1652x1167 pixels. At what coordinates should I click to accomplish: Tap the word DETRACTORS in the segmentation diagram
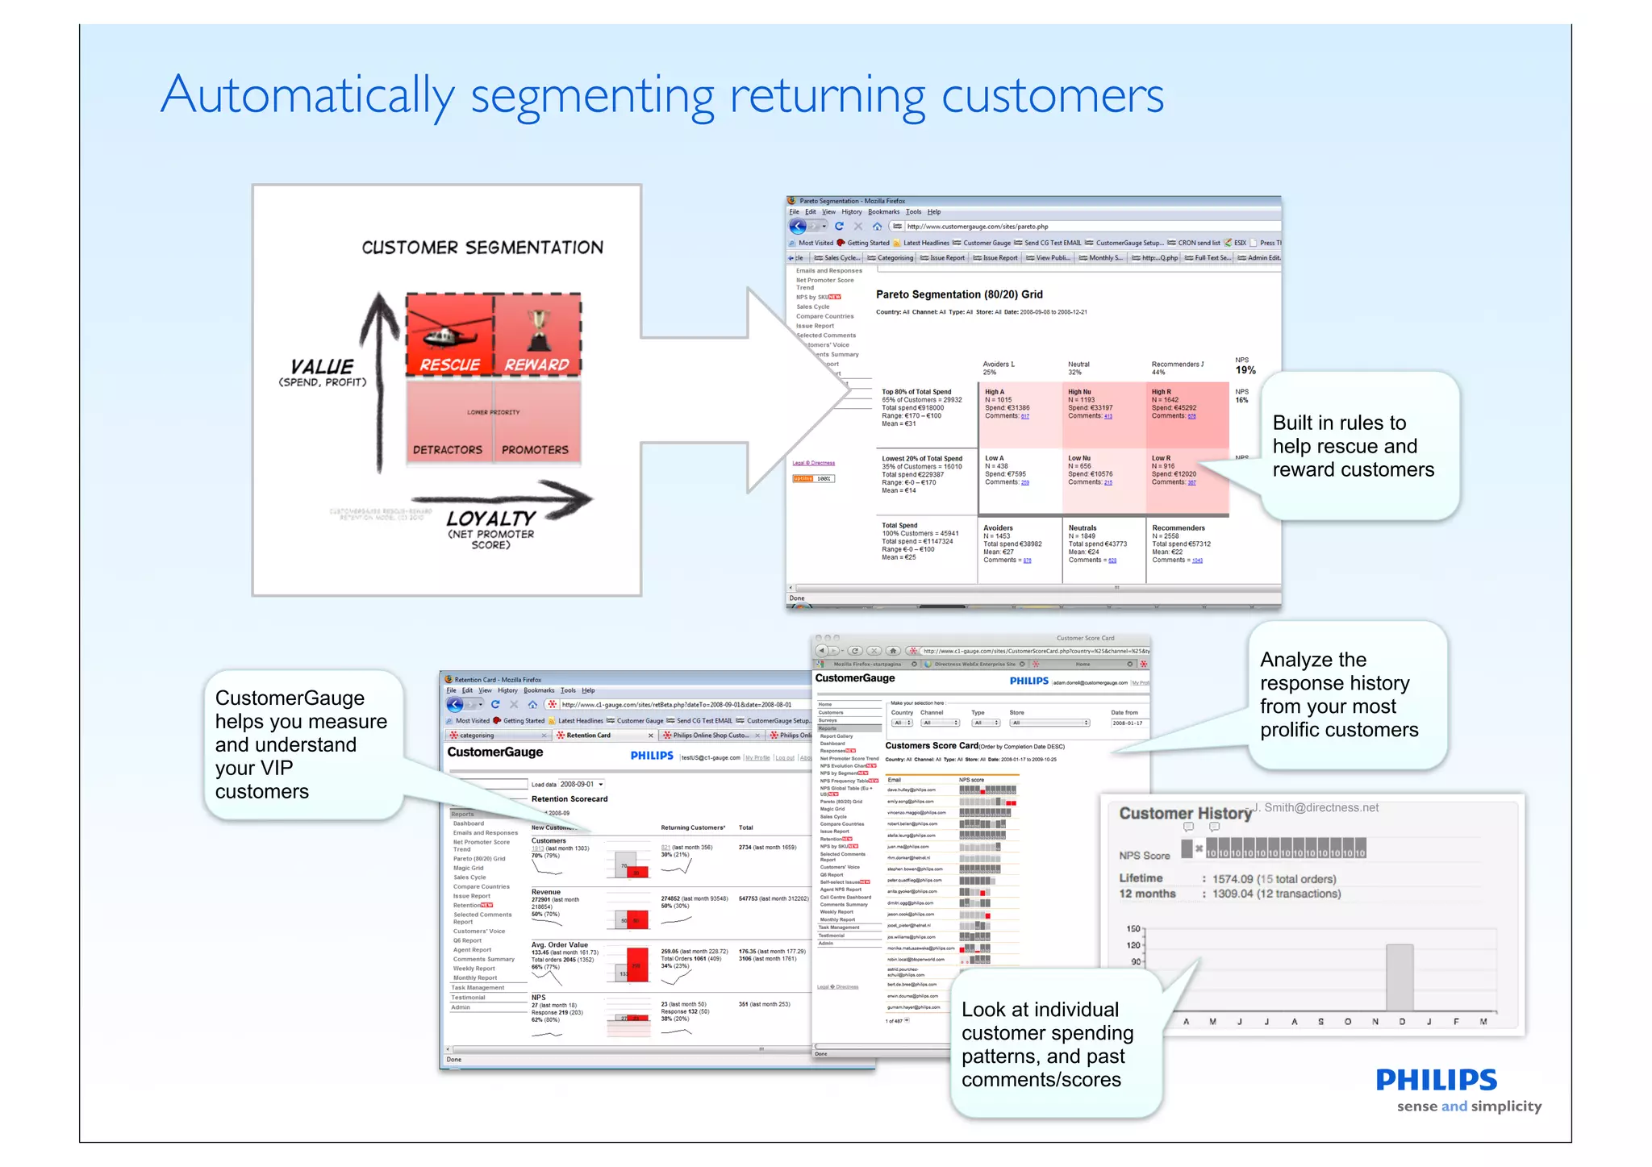448,450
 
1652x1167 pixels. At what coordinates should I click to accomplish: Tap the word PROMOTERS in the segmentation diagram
535,450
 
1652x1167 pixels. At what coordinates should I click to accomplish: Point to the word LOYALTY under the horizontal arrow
490,519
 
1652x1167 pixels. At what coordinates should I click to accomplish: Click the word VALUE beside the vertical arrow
322,366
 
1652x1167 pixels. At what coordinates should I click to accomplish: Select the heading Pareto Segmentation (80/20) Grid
959,294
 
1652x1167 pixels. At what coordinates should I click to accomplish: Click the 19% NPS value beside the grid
1245,370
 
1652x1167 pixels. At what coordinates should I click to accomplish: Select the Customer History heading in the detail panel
1184,814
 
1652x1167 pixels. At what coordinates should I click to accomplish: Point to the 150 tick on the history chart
1134,928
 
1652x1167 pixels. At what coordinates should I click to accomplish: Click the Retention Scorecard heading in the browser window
569,799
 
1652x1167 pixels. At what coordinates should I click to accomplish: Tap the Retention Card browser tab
588,736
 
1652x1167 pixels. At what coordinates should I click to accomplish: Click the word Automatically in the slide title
307,96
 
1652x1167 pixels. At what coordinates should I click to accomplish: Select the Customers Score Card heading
932,746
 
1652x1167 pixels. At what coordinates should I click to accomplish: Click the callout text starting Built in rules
1353,446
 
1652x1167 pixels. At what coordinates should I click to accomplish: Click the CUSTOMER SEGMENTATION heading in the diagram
482,248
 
